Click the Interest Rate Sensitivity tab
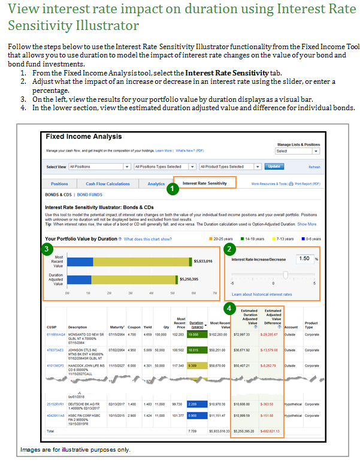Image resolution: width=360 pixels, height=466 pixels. (x=205, y=183)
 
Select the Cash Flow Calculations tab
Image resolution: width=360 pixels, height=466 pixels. (x=108, y=184)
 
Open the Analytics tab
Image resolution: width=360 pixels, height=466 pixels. (x=156, y=184)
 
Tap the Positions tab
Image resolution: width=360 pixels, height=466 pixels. (x=59, y=184)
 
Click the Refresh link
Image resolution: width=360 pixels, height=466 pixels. (x=314, y=167)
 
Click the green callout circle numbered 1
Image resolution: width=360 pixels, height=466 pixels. (x=173, y=189)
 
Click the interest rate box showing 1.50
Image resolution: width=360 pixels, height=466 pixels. (x=304, y=259)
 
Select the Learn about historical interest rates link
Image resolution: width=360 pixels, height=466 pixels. (x=262, y=294)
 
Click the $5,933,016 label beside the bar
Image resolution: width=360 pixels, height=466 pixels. (x=202, y=261)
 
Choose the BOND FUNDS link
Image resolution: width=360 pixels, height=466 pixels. (x=89, y=195)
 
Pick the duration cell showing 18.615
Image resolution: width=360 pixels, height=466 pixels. (x=193, y=350)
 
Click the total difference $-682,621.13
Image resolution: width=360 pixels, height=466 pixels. (x=270, y=431)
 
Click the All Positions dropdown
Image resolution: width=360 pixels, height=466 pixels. (x=99, y=167)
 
